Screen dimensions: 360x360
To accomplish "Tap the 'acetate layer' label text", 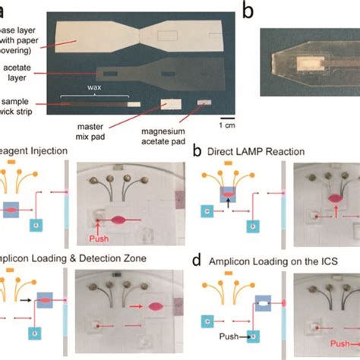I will (x=24, y=74).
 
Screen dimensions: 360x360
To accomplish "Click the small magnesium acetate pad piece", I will (x=204, y=103).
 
